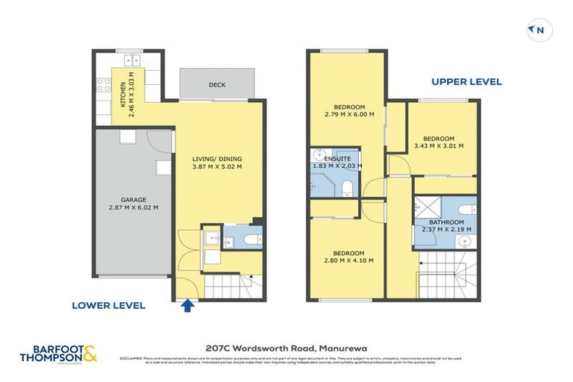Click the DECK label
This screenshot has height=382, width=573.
(x=217, y=84)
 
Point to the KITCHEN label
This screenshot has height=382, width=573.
(x=123, y=95)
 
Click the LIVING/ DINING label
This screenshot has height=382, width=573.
(x=217, y=159)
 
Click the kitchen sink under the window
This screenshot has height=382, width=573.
(x=133, y=60)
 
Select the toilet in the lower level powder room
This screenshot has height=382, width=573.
(x=251, y=239)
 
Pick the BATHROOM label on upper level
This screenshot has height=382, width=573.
(x=446, y=222)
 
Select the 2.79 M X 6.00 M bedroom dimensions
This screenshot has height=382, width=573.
(x=348, y=114)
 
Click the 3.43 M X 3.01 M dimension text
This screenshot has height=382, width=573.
(x=439, y=146)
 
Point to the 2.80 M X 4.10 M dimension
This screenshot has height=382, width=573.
(x=348, y=260)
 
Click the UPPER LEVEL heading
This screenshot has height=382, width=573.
(x=466, y=82)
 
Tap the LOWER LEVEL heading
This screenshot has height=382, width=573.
(x=108, y=305)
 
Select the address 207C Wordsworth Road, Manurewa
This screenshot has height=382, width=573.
(x=286, y=347)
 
